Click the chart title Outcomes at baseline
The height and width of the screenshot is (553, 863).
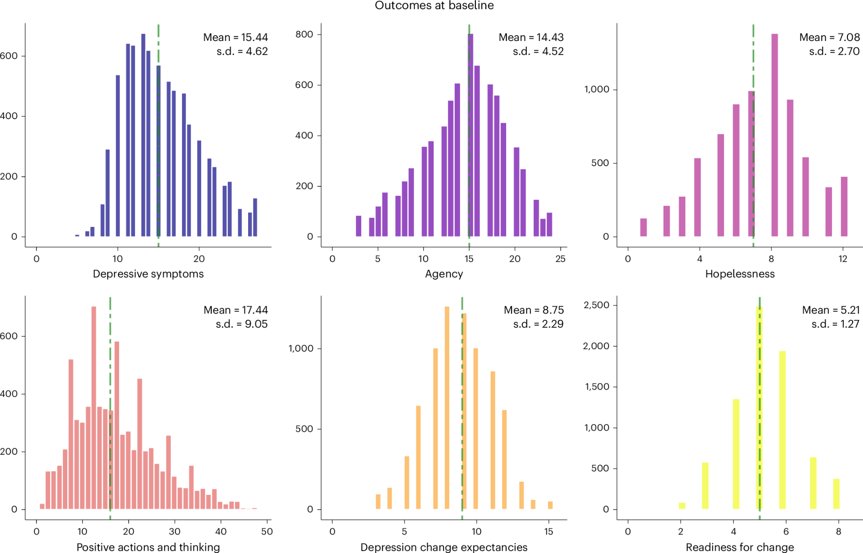434,6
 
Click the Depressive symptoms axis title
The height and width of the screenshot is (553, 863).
148,274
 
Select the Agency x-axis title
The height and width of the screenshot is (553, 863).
444,274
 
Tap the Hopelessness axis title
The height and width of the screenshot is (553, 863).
740,274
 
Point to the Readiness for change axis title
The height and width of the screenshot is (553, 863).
740,547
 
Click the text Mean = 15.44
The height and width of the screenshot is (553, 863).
235,38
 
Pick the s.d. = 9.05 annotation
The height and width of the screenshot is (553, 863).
242,324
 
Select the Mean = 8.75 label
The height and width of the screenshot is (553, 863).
533,310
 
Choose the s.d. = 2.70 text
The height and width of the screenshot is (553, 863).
834,51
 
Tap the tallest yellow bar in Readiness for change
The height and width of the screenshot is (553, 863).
759,408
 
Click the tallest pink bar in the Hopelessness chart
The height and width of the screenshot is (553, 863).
775,135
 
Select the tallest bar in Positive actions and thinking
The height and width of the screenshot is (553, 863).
94,408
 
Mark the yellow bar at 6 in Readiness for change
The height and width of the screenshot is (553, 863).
782,430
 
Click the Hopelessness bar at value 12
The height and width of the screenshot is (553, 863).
844,207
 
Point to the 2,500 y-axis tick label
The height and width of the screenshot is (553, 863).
596,305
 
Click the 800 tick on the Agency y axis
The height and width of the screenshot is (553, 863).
304,35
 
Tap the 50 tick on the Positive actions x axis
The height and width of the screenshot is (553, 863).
267,531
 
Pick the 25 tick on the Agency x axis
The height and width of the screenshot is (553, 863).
560,259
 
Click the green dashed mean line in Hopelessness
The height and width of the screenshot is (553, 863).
753,129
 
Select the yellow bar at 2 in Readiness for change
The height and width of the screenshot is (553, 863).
682,506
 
